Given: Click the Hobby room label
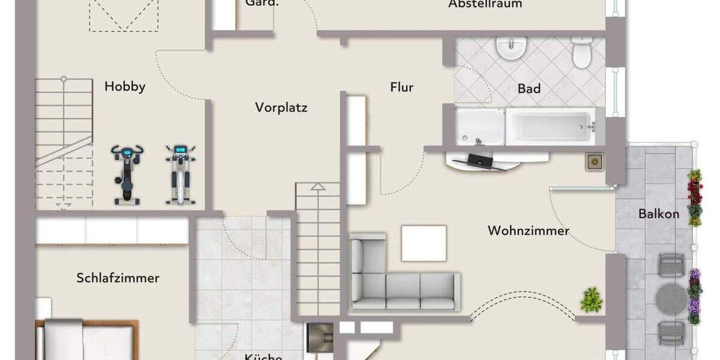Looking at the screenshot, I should (125, 86).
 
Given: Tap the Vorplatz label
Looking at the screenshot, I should (281, 108).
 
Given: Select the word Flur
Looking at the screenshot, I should (401, 88).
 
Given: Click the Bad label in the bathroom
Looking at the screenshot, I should (529, 89).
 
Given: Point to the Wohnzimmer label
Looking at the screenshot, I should (528, 230).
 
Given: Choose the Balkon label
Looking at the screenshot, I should (659, 214).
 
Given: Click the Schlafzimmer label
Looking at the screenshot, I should (118, 278).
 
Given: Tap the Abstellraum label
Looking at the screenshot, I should (485, 4).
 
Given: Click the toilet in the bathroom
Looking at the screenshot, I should (581, 52).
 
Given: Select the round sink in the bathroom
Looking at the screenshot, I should (511, 48).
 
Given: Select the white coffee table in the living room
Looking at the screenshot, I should (424, 243).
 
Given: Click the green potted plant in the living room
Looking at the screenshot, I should (591, 299).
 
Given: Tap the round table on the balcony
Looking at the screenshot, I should (671, 298).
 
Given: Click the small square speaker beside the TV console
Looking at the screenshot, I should (595, 161).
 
